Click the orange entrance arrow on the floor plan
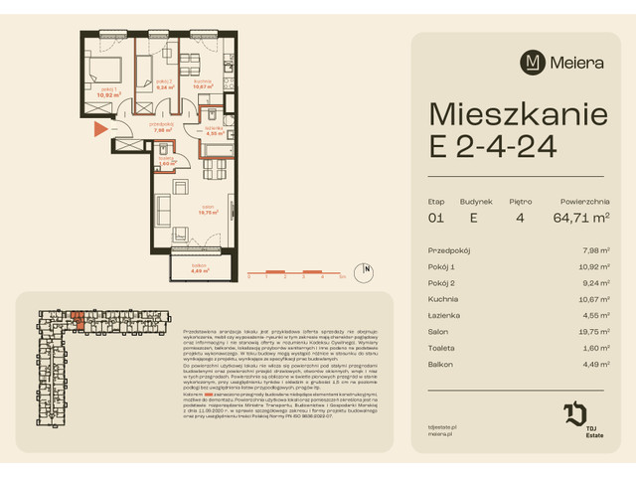[x=98, y=128]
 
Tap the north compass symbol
[x=368, y=268]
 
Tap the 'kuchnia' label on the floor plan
[x=204, y=83]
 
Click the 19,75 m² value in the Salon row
[x=592, y=331]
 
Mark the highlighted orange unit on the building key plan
[x=76, y=318]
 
